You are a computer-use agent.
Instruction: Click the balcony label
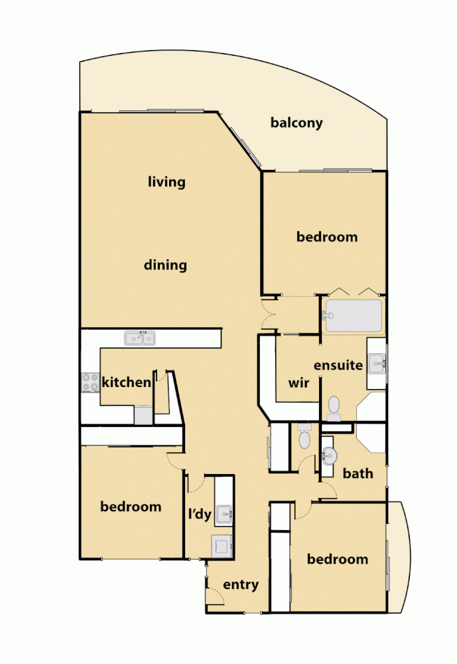click(x=296, y=123)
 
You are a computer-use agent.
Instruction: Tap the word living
click(x=166, y=181)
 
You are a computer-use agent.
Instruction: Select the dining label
click(x=166, y=266)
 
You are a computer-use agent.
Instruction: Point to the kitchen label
click(x=126, y=382)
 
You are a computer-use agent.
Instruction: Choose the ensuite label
click(x=338, y=365)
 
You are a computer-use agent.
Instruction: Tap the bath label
click(x=358, y=473)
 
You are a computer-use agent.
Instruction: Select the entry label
click(x=241, y=585)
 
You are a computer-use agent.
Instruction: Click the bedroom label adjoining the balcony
click(x=327, y=237)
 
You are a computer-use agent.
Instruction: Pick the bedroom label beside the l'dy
click(x=131, y=507)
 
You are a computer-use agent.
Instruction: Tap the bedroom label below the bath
click(x=338, y=559)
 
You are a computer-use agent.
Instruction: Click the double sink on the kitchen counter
click(x=140, y=339)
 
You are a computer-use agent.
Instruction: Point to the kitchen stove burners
click(x=90, y=383)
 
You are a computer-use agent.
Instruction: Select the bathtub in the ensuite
click(x=354, y=315)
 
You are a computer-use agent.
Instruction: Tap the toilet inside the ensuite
click(x=334, y=406)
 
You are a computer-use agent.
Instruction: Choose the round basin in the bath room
click(x=329, y=455)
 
